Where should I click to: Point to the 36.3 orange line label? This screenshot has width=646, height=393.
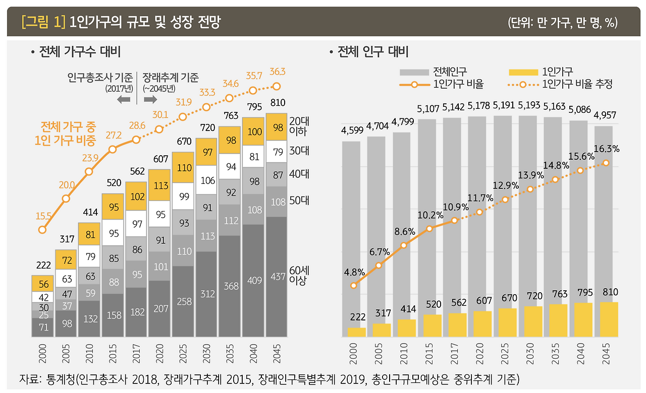pos(277,72)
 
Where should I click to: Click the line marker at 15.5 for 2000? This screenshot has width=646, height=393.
pos(42,230)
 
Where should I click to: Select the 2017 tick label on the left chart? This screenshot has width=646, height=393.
pos(136,353)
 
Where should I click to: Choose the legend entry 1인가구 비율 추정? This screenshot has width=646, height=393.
pos(578,85)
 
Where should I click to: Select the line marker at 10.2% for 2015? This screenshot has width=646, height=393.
pos(429,229)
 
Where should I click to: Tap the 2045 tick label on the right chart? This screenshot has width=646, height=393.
pos(606,353)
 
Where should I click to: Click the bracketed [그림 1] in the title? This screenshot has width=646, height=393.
pos(44,22)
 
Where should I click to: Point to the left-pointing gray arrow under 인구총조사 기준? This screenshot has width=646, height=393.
pos(123,99)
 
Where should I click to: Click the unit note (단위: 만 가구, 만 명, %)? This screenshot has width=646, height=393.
pos(563,23)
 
